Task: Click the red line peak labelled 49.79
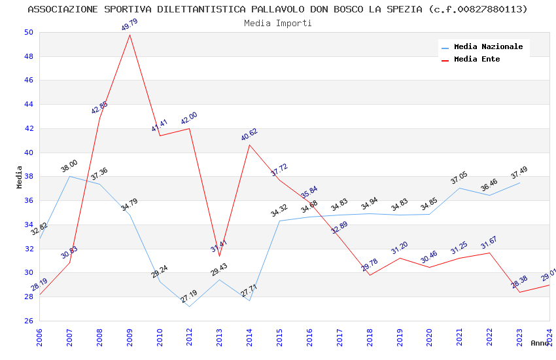tap(130, 35)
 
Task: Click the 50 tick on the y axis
tap(28, 32)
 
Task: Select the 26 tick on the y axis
tap(28, 321)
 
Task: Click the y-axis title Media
tap(20, 177)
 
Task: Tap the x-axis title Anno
tap(540, 343)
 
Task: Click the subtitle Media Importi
tap(278, 23)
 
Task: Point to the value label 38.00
tap(69, 166)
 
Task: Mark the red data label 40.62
tap(249, 135)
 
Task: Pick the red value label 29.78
tap(370, 265)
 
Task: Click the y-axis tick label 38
tap(28, 176)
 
